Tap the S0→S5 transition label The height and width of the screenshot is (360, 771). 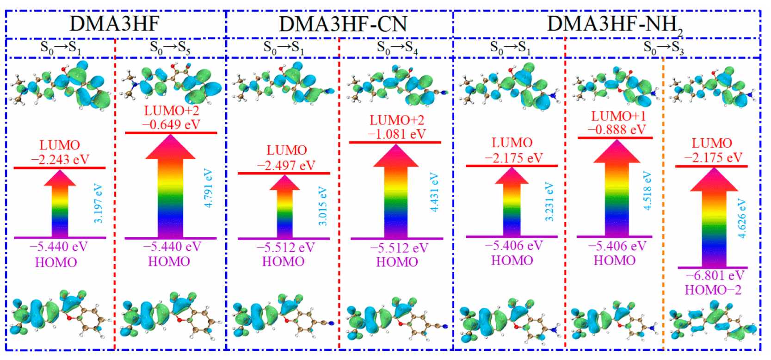tap(170, 48)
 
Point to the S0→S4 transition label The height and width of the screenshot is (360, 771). tap(397, 48)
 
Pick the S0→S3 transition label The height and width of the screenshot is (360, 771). tap(663, 48)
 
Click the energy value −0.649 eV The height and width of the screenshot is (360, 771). tap(171, 125)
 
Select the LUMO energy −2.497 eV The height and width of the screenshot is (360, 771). tap(286, 165)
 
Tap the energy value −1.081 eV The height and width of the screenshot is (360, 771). tap(396, 134)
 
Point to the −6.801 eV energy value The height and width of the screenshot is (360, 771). tap(715, 276)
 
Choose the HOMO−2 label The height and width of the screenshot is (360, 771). tap(713, 290)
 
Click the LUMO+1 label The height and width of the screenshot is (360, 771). tap(618, 116)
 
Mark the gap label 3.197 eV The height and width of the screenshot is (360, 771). tap(98, 204)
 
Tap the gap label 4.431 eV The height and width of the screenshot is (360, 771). tap(434, 192)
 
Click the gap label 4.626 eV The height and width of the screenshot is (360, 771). tap(741, 218)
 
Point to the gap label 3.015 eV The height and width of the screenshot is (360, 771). tap(322, 206)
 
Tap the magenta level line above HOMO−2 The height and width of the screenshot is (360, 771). tap(712, 267)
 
